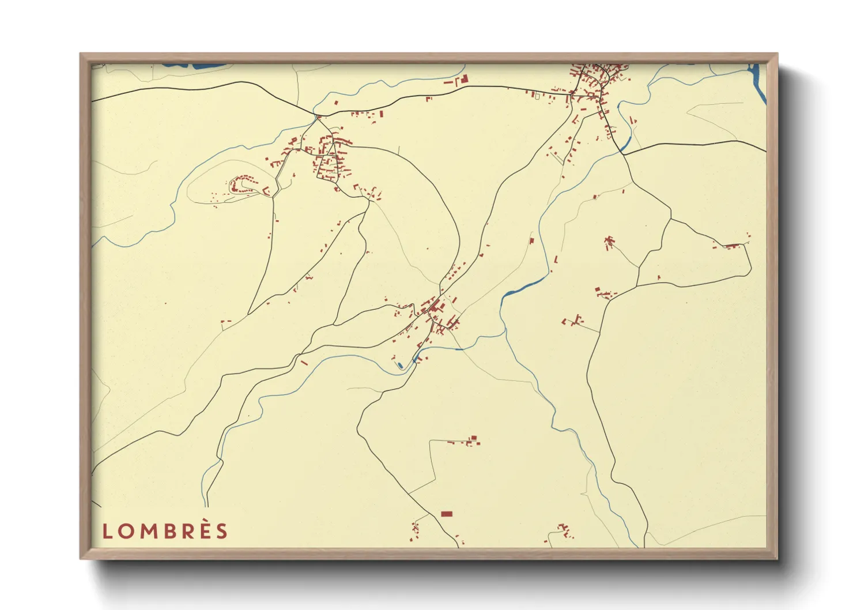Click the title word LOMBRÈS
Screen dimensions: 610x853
pyautogui.click(x=165, y=531)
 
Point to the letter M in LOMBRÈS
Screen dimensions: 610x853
pyautogui.click(x=146, y=531)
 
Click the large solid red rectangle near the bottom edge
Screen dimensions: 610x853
pyautogui.click(x=446, y=514)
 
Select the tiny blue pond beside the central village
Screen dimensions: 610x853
pyautogui.click(x=400, y=365)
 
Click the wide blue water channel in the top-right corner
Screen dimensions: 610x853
pyautogui.click(x=757, y=78)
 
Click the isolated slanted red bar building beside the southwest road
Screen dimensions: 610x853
pyautogui.click(x=304, y=363)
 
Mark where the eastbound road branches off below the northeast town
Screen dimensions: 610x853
pyautogui.click(x=623, y=154)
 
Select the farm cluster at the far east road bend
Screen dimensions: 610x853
pyautogui.click(x=731, y=246)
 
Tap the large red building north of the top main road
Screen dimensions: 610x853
pyautogui.click(x=463, y=79)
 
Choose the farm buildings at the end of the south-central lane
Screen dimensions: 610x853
pyautogui.click(x=472, y=441)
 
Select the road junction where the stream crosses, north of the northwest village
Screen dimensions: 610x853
pyautogui.click(x=317, y=117)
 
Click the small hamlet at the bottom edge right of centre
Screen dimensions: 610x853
pyautogui.click(x=564, y=530)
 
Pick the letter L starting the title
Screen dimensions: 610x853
pyautogui.click(x=107, y=531)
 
